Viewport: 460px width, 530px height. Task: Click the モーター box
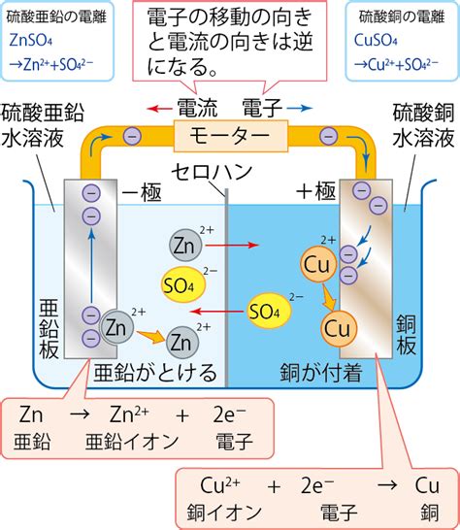pyautogui.click(x=231, y=136)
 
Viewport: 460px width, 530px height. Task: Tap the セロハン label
pyautogui.click(x=212, y=172)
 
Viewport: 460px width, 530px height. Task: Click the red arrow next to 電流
pyautogui.click(x=160, y=109)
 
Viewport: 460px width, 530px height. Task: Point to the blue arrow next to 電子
pyautogui.click(x=299, y=108)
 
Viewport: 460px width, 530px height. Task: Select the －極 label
pyautogui.click(x=142, y=192)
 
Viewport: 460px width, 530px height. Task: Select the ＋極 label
pyautogui.click(x=315, y=191)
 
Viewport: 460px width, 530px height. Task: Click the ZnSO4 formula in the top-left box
pyautogui.click(x=31, y=41)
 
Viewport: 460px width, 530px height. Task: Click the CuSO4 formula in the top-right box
pyautogui.click(x=376, y=41)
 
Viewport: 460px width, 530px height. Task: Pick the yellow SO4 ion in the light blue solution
pyautogui.click(x=183, y=284)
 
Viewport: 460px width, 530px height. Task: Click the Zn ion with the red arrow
pyautogui.click(x=185, y=245)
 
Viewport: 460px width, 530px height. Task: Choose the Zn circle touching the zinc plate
pyautogui.click(x=116, y=327)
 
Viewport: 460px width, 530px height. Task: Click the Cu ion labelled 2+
pyautogui.click(x=317, y=264)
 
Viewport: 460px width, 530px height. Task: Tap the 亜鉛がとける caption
pyautogui.click(x=155, y=373)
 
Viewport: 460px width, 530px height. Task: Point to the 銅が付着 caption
pyautogui.click(x=321, y=373)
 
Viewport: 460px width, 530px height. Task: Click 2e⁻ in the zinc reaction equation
pyautogui.click(x=230, y=414)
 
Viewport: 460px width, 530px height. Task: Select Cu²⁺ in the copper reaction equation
pyautogui.click(x=220, y=485)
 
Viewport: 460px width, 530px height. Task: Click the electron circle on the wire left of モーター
pyautogui.click(x=132, y=136)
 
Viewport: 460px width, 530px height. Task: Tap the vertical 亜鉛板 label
pyautogui.click(x=49, y=328)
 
